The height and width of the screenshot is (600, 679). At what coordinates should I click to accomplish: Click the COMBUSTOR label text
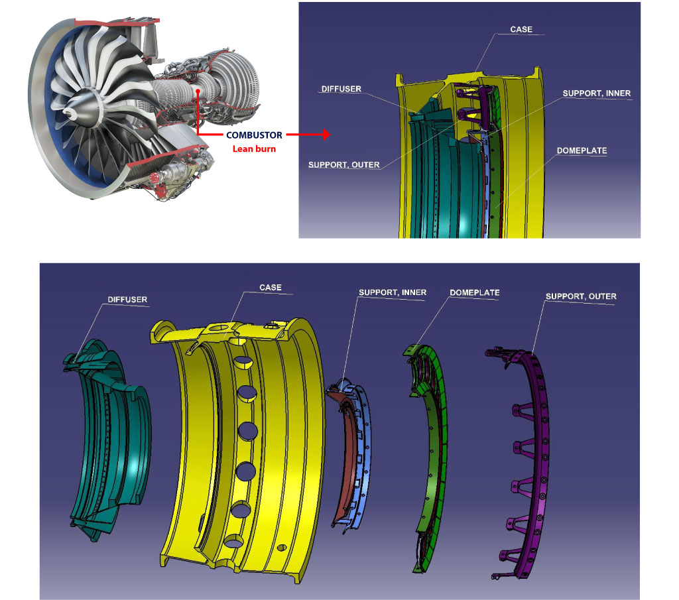pos(254,135)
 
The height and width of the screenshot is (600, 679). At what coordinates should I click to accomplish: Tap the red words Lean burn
pos(254,149)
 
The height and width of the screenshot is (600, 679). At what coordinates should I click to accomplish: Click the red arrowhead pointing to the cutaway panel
pos(326,135)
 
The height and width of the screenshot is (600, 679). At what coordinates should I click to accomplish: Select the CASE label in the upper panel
pos(521,29)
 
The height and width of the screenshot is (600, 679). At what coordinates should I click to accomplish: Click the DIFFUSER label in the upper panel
pos(341,89)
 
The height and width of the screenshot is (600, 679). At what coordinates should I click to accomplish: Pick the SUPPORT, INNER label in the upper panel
pos(596,93)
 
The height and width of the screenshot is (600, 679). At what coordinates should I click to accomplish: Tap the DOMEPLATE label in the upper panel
pos(582,150)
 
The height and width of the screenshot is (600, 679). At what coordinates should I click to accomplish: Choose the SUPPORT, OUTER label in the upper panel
pos(344,164)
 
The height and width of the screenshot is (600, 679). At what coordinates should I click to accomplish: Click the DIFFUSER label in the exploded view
pos(127,300)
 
